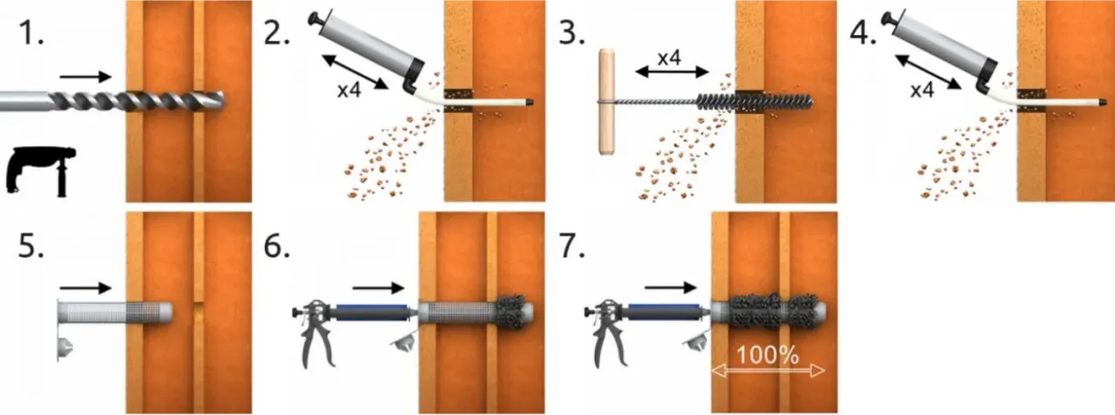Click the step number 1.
tap(30, 34)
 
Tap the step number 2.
tap(277, 34)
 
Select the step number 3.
tap(571, 34)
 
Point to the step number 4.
tap(863, 34)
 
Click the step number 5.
tap(30, 245)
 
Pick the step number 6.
tap(277, 245)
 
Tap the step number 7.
tap(571, 245)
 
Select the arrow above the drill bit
tap(85, 77)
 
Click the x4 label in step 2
tap(348, 90)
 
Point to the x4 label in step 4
tap(922, 90)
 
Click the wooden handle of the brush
tap(607, 102)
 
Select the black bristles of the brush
tap(754, 102)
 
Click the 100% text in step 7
tap(767, 355)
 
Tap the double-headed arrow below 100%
tap(768, 371)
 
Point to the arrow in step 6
tap(378, 288)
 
